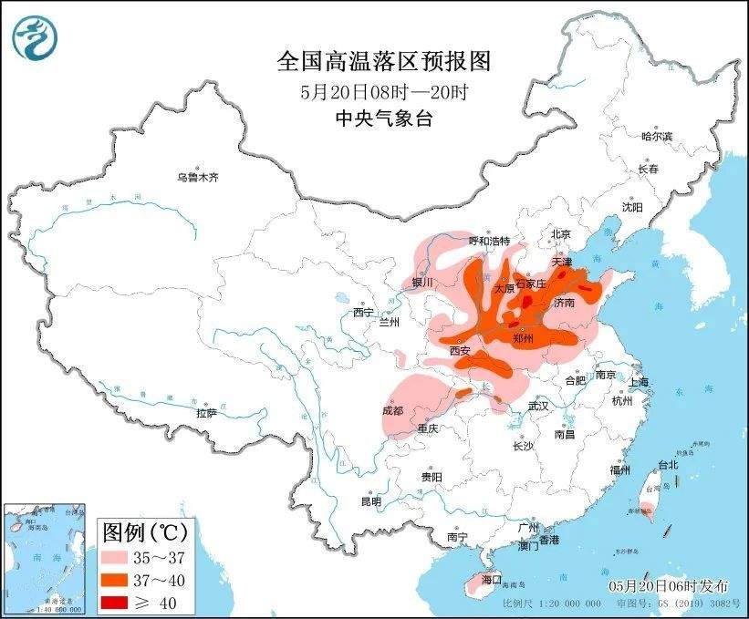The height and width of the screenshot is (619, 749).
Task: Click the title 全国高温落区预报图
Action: click(383, 61)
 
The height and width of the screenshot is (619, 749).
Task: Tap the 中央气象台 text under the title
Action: click(383, 119)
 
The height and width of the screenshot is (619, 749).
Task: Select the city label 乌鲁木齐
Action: click(198, 178)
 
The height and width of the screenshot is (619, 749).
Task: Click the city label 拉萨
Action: click(206, 413)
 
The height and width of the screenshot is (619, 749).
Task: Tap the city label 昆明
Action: click(370, 501)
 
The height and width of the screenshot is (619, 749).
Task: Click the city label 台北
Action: click(667, 464)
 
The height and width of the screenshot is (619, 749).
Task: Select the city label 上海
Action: click(638, 382)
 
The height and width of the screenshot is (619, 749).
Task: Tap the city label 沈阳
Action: click(632, 207)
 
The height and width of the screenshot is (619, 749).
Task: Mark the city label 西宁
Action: click(363, 313)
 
